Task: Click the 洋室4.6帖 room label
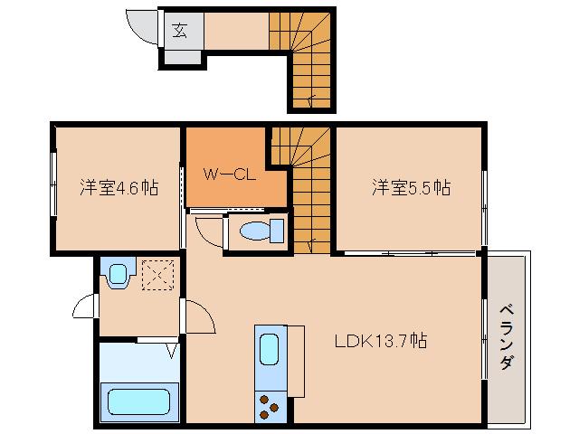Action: [x=119, y=188]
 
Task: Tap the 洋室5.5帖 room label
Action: [x=411, y=188]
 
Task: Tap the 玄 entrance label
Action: [x=179, y=30]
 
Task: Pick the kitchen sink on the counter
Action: [x=270, y=349]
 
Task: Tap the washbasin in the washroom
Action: [x=116, y=274]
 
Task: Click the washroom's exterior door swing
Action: [x=86, y=308]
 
